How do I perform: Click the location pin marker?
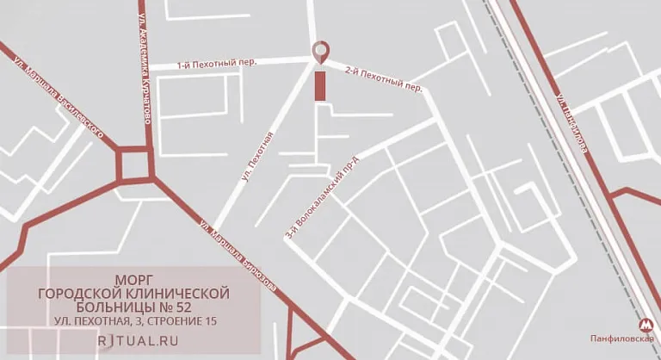[322, 52]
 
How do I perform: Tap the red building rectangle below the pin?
[321, 87]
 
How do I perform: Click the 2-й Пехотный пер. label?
[382, 78]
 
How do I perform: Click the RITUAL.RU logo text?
[133, 339]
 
